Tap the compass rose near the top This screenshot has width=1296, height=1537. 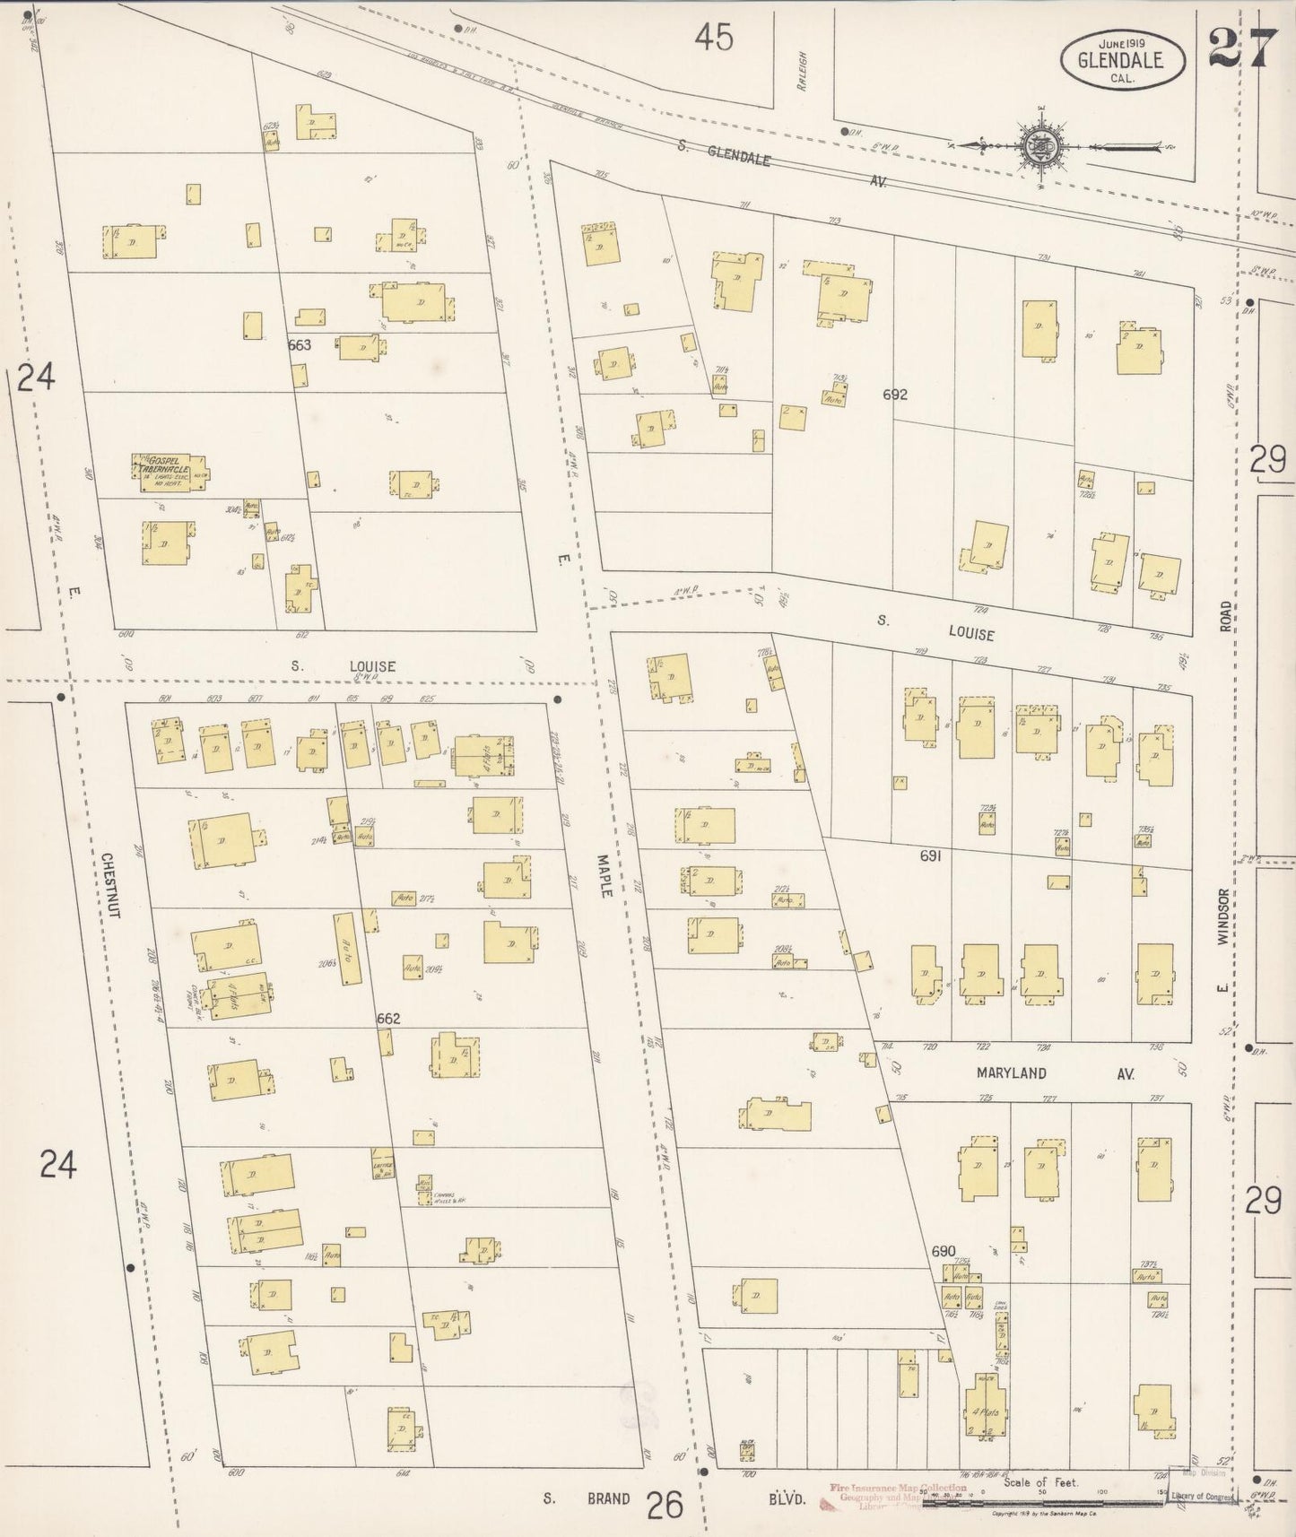click(1041, 143)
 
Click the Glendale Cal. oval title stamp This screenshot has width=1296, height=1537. click(1122, 60)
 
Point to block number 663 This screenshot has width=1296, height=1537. click(300, 344)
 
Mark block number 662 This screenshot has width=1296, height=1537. click(388, 1019)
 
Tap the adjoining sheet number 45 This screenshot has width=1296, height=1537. click(713, 38)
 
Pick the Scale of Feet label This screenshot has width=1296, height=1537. click(1038, 1482)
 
